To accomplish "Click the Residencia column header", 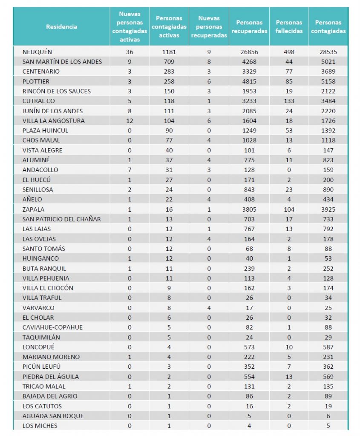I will point(61,26).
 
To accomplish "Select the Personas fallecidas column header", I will point(289,26).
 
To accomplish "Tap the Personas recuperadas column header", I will point(249,26).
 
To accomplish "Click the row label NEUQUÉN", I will point(37,52).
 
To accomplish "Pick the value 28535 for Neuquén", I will point(328,52).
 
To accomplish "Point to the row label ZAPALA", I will point(33,209).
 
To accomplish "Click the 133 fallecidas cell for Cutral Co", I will point(289,101).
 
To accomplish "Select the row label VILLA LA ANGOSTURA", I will point(54,120).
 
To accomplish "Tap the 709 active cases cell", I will point(169,62).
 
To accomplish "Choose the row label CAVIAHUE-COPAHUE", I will point(52,327).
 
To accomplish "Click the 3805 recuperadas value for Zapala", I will point(249,209).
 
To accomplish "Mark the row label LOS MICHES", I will point(40,426).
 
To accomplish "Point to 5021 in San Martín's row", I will point(328,62).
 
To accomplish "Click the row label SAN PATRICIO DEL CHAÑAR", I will point(61,219).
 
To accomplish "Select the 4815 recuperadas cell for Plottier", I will point(249,81).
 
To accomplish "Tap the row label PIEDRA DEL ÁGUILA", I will point(50,376).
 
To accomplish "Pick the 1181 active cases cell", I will point(169,52).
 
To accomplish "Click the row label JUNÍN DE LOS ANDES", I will point(52,111).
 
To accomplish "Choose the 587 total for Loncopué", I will point(328,347).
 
